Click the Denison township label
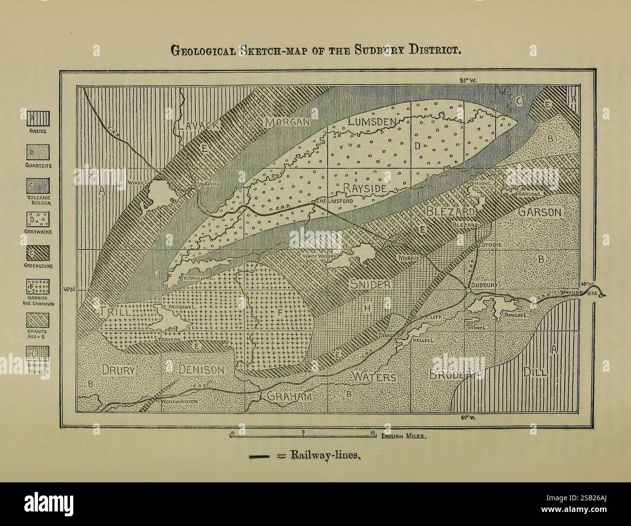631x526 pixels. [x=201, y=370]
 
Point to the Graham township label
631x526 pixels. [x=288, y=396]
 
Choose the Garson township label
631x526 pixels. [x=539, y=212]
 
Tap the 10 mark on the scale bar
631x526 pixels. [x=372, y=432]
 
